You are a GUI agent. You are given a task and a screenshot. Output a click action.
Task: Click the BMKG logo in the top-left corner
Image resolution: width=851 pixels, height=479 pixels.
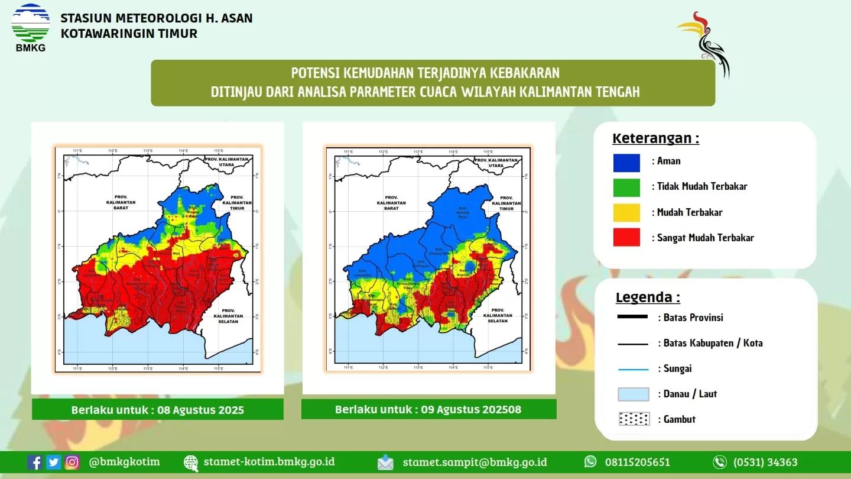[x=30, y=27]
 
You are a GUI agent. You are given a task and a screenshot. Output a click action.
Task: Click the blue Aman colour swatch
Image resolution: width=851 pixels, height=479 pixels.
[x=626, y=163]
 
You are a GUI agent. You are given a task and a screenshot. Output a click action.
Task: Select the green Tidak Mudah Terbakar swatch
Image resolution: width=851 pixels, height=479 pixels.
[x=626, y=187]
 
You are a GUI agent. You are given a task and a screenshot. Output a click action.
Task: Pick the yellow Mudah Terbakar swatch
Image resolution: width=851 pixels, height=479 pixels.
[x=626, y=212]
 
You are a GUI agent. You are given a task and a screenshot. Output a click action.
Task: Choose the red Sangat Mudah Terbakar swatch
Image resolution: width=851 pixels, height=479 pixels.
[x=626, y=238]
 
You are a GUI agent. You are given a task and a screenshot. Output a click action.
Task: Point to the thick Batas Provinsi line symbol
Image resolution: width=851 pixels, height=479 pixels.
[x=632, y=318]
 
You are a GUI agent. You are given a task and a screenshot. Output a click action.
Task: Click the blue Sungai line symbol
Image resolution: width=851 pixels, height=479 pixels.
[x=632, y=369]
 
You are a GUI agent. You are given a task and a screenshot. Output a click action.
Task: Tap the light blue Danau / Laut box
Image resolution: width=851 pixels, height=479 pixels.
[x=634, y=394]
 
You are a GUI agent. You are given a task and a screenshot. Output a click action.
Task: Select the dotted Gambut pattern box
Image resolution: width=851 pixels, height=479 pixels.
[x=634, y=419]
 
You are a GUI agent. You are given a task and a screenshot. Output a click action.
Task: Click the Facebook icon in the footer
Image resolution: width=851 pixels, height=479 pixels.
[x=35, y=462]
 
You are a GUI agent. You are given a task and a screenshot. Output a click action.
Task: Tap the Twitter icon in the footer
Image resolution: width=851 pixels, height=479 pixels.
[x=54, y=462]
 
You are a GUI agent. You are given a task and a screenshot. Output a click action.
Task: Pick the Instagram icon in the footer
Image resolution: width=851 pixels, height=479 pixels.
[x=72, y=462]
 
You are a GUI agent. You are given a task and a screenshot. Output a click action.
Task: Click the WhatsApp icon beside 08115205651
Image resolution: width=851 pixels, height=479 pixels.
[x=590, y=462]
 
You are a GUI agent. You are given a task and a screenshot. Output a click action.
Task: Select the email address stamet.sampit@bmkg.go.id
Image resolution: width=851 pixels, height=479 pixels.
[x=475, y=462]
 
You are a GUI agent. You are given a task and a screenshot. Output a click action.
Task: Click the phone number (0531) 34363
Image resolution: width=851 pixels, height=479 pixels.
[x=765, y=462]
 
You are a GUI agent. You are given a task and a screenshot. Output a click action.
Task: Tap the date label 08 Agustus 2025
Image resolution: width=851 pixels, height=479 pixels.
[x=200, y=410]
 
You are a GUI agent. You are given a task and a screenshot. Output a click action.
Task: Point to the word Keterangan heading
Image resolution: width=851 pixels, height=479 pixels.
[x=655, y=138]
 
